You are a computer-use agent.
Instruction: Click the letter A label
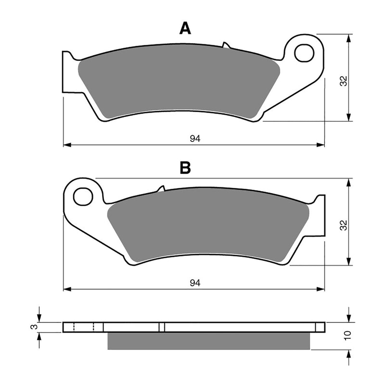point(185,29)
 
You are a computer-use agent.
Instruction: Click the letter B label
point(185,168)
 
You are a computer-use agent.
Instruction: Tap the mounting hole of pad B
point(83,195)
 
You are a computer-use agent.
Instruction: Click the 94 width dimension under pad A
point(194,139)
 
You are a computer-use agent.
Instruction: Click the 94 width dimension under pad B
point(194,283)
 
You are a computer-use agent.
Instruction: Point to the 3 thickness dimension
point(32,327)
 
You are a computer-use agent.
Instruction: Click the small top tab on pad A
point(225,45)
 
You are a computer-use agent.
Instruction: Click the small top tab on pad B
point(161,189)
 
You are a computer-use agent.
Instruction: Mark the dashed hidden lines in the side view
point(83,327)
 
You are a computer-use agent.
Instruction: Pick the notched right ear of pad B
point(318,212)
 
